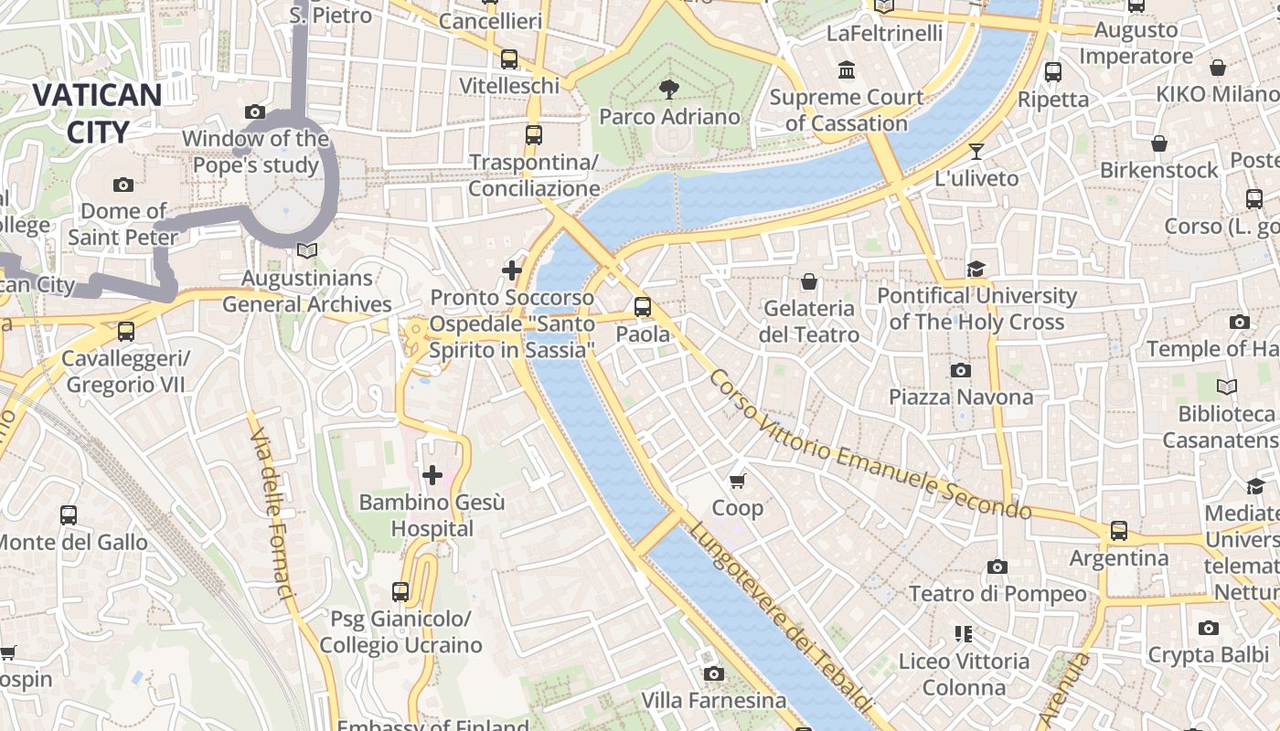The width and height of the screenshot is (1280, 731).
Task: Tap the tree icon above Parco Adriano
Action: point(669,89)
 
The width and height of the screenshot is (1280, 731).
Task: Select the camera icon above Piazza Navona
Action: point(960,370)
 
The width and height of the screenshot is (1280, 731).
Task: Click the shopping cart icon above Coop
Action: point(738,481)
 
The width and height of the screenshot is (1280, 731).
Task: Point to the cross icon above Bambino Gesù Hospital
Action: point(432,475)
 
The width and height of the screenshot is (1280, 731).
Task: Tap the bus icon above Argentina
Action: point(1118,531)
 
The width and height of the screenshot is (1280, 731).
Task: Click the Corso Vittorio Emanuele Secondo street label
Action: point(869,445)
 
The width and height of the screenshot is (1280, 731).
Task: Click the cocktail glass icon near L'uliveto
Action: point(976,152)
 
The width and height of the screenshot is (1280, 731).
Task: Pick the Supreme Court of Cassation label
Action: point(847,110)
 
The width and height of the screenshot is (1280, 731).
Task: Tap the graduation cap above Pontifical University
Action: point(976,269)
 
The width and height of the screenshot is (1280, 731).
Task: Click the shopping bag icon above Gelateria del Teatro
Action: point(808,281)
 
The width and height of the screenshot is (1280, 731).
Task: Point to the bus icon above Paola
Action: point(643,307)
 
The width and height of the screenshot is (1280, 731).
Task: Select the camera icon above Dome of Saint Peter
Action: point(123,185)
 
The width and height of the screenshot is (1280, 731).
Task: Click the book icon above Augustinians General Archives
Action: point(307,250)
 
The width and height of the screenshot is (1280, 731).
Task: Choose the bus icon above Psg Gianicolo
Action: point(400,592)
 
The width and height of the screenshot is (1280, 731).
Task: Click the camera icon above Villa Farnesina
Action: point(714,673)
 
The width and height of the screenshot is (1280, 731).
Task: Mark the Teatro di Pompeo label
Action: point(997,594)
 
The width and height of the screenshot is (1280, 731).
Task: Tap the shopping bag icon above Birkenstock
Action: point(1159,143)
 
